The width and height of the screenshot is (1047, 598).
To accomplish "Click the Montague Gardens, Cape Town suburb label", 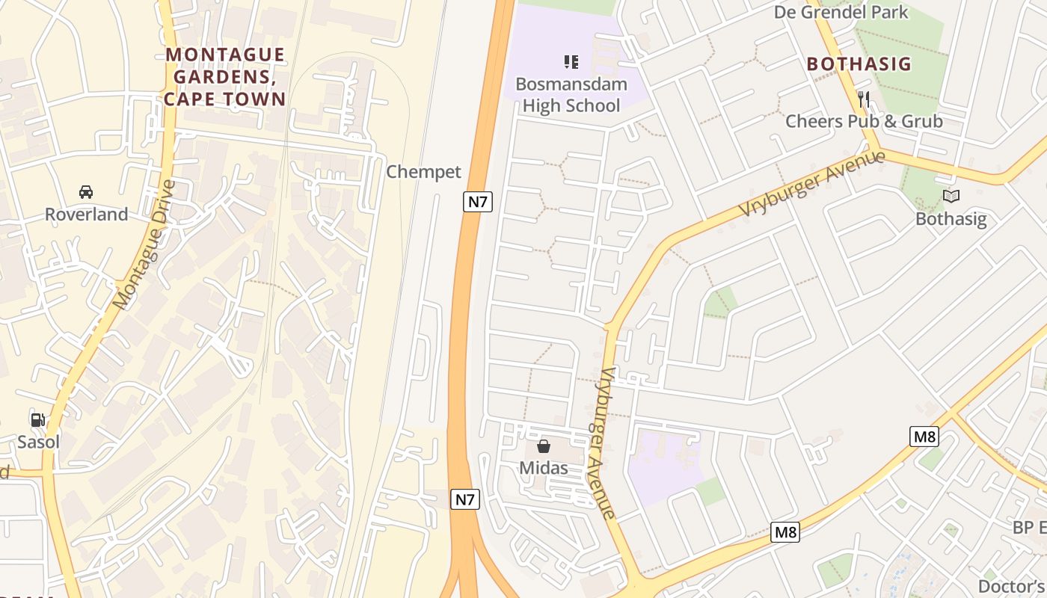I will click(225, 77).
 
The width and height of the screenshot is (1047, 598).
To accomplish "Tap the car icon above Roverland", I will click(86, 192).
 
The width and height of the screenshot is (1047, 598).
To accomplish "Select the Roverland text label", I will click(86, 215).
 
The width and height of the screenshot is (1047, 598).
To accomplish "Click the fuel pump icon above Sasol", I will click(37, 420).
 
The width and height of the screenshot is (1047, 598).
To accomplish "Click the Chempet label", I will click(423, 172).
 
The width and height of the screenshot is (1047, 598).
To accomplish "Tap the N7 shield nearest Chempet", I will click(477, 201).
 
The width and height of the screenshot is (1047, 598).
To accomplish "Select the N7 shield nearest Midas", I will click(464, 499).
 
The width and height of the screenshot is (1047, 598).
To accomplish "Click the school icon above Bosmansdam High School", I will click(571, 61).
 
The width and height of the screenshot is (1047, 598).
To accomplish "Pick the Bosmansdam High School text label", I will click(571, 95).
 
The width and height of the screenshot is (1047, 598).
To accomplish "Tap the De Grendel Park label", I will click(841, 12).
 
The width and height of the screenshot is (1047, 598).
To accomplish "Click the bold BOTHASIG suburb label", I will click(859, 64).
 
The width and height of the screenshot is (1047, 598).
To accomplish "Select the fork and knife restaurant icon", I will click(863, 99).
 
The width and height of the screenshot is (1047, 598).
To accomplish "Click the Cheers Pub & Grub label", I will click(864, 121).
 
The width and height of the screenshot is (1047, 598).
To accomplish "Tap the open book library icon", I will click(951, 197).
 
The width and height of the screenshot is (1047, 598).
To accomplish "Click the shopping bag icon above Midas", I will click(544, 446).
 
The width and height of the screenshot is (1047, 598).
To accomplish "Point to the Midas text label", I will click(544, 469).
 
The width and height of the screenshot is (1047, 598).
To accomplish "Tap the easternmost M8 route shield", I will click(924, 437).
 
